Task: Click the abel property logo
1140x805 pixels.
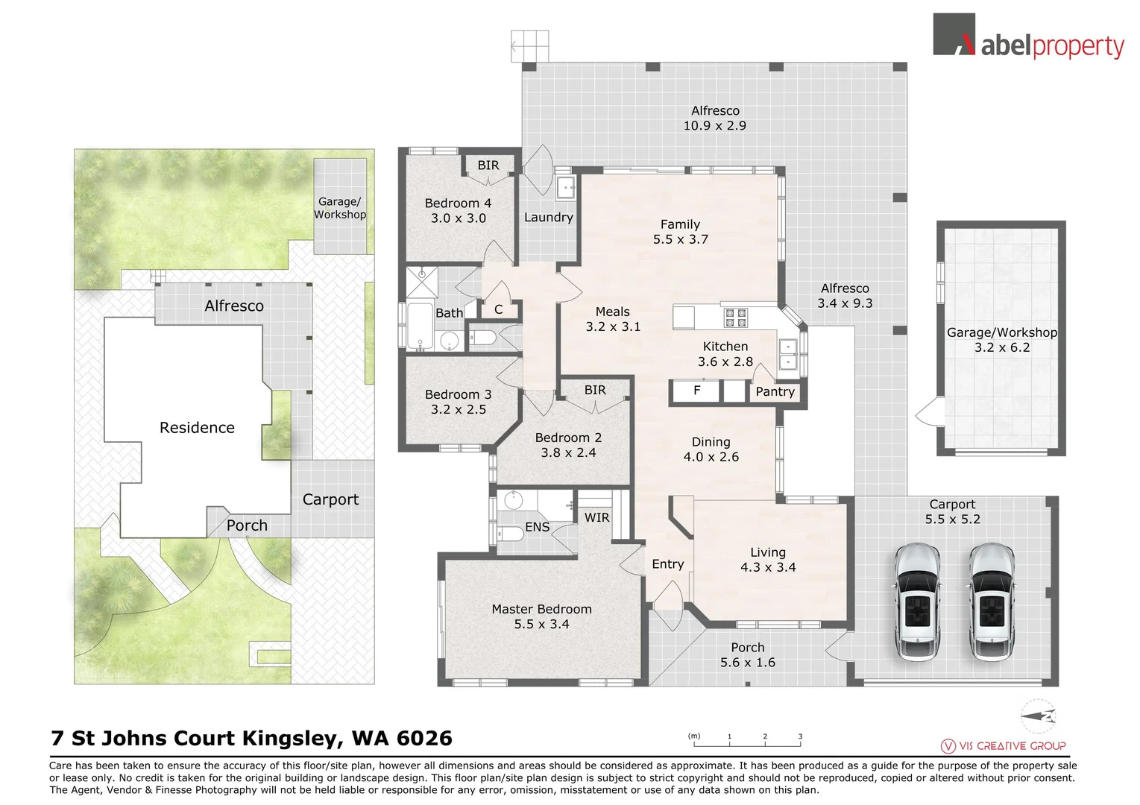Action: [x=1028, y=37]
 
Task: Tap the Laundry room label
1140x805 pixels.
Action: [x=548, y=218]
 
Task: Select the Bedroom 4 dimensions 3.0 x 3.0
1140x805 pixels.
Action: [x=458, y=218]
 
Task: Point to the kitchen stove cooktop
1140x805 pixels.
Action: [x=736, y=318]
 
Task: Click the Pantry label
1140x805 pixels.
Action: [x=775, y=392]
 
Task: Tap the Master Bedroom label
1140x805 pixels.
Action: [x=541, y=609]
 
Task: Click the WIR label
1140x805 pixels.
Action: [x=596, y=517]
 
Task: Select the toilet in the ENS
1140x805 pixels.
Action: [x=512, y=534]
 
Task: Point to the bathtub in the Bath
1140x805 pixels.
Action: [x=420, y=326]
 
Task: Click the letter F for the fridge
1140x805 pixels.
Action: [x=697, y=390]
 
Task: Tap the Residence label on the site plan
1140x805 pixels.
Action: [x=197, y=428]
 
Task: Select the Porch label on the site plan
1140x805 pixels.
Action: [x=247, y=525]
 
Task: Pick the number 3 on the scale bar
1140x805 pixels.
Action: [x=800, y=736]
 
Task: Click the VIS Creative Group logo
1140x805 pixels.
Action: [x=1004, y=745]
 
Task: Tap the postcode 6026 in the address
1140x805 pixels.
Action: [x=424, y=738]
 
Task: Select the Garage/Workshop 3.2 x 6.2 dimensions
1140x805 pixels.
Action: [x=1001, y=348]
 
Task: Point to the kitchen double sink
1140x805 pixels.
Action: [x=787, y=355]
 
